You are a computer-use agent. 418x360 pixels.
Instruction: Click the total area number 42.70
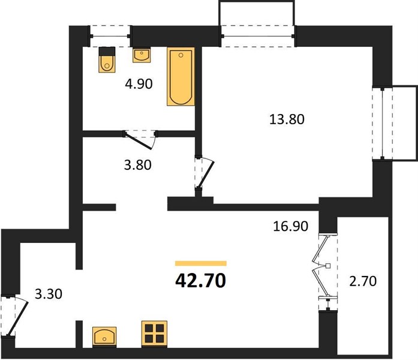pyautogui.click(x=200, y=281)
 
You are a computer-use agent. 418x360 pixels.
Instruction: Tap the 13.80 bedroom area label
pyautogui.click(x=287, y=119)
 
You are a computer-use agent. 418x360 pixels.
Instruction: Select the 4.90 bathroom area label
pyautogui.click(x=139, y=84)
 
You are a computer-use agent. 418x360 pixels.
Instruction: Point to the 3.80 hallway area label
pyautogui.click(x=137, y=165)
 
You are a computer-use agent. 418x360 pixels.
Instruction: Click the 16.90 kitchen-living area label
pyautogui.click(x=291, y=226)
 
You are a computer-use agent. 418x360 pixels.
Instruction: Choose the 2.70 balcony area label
pyautogui.click(x=363, y=281)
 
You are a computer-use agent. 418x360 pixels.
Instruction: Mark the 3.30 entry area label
pyautogui.click(x=49, y=294)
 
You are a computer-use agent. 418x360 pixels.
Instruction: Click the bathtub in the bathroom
pyautogui.click(x=181, y=77)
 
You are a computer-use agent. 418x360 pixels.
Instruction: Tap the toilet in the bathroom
pyautogui.click(x=107, y=59)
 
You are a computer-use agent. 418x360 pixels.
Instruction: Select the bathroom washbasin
pyautogui.click(x=142, y=55)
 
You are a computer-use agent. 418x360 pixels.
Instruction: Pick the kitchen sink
pyautogui.click(x=104, y=337)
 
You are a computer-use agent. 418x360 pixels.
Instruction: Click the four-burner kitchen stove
pyautogui.click(x=154, y=334)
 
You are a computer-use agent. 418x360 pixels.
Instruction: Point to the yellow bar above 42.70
pyautogui.click(x=201, y=263)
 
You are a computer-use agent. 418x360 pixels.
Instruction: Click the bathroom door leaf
pyautogui.click(x=139, y=141)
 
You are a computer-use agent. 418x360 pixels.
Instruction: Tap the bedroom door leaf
pyautogui.click(x=205, y=175)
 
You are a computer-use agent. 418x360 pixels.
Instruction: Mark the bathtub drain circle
pyautogui.click(x=181, y=55)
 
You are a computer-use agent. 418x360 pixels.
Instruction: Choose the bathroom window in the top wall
pyautogui.click(x=110, y=36)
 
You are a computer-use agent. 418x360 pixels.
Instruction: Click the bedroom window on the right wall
pyautogui.click(x=382, y=124)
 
